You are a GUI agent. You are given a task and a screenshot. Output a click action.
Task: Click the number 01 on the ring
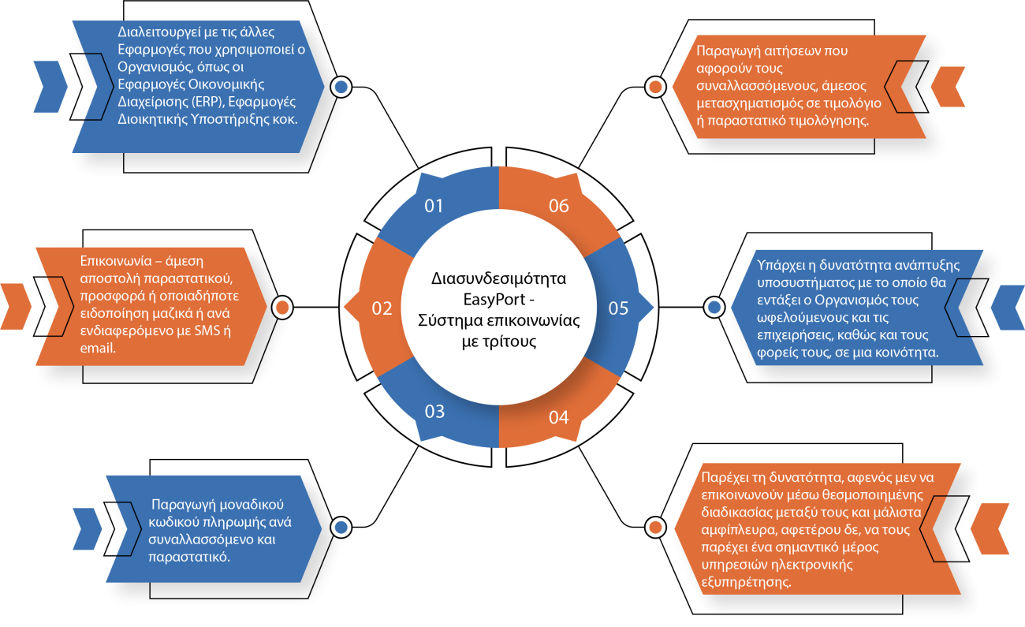pyautogui.click(x=434, y=206)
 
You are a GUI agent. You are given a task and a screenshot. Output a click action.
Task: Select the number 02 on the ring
pyautogui.click(x=382, y=308)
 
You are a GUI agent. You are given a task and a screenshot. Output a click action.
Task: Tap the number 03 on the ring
pyautogui.click(x=434, y=411)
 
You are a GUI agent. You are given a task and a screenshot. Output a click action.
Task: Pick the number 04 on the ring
pyautogui.click(x=558, y=417)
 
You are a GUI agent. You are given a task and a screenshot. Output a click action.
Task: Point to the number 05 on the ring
pyautogui.click(x=618, y=308)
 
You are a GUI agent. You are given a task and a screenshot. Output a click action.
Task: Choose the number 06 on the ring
pyautogui.click(x=558, y=206)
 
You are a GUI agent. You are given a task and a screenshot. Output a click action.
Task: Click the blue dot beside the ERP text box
pyautogui.click(x=341, y=87)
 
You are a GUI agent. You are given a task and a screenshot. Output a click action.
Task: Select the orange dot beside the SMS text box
pyautogui.click(x=282, y=307)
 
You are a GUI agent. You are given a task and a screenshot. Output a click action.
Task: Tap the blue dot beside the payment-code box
pyautogui.click(x=341, y=527)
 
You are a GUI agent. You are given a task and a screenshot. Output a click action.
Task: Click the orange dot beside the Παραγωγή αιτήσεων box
pyautogui.click(x=654, y=87)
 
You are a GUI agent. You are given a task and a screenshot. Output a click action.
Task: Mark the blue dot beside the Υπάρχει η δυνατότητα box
pyautogui.click(x=714, y=307)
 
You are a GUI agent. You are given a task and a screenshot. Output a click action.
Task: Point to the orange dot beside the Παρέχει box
pyautogui.click(x=654, y=527)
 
